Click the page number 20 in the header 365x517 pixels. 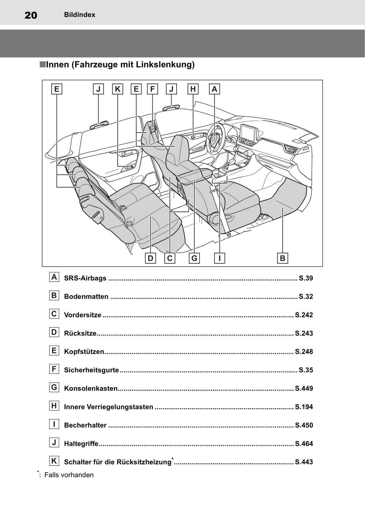tap(31, 15)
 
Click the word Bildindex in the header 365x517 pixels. tap(80, 15)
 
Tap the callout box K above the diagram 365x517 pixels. tap(117, 89)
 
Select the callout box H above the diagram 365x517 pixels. tap(193, 89)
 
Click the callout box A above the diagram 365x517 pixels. tap(214, 89)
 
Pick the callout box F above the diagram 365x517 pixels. tap(152, 89)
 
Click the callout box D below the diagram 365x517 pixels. tap(151, 258)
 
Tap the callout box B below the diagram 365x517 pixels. tap(282, 258)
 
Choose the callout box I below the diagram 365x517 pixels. tap(220, 258)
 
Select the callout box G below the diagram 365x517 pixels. tap(194, 258)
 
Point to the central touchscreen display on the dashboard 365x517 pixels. tap(249, 133)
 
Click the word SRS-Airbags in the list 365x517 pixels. tap(85, 278)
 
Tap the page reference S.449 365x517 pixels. tap(304, 389)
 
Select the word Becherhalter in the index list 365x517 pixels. tap(85, 425)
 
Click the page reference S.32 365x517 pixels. tap(306, 297)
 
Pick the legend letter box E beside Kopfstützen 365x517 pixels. tap(54, 351)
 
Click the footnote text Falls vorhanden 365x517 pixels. tap(69, 475)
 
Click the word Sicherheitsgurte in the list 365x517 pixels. tap(91, 370)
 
